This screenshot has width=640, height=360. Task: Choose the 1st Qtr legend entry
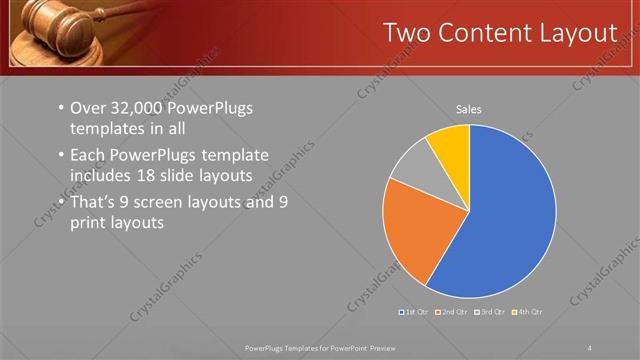[416, 313]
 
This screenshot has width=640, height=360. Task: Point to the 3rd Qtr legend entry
[493, 313]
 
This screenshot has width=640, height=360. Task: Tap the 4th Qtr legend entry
[530, 313]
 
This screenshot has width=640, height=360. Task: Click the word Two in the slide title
[409, 33]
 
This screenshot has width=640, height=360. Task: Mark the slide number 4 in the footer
[590, 347]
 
